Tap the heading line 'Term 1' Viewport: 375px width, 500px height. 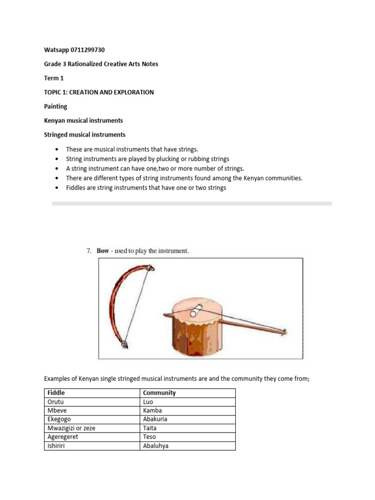point(54,78)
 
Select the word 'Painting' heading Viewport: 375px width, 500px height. point(56,106)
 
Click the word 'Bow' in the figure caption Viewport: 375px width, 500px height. point(103,251)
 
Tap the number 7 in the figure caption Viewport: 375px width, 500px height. point(88,251)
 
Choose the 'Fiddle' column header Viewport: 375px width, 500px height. point(55,393)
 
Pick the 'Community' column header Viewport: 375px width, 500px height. point(159,393)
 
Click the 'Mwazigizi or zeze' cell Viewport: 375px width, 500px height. point(71,428)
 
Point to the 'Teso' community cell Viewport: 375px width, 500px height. point(149,437)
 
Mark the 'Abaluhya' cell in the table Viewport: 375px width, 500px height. point(156,446)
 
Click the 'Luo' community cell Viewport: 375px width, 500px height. point(148,402)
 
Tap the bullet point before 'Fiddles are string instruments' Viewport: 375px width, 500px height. point(58,188)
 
